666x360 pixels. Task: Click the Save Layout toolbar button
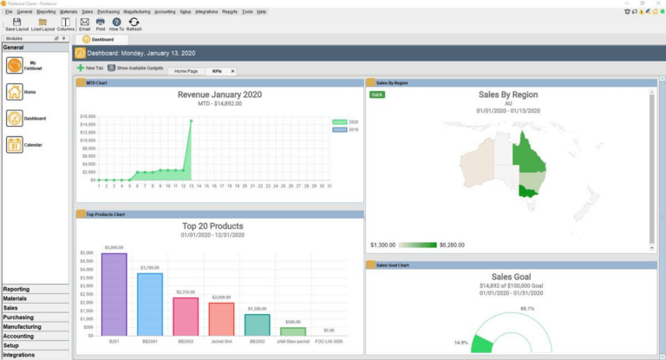[16, 23]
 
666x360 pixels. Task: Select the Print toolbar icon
[101, 23]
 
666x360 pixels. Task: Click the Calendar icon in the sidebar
[15, 145]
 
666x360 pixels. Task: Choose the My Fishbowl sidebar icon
[15, 65]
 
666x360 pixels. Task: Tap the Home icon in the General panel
[15, 91]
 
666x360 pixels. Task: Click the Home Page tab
[186, 70]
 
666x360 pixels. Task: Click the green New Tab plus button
[81, 68]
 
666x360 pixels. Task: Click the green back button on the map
[376, 94]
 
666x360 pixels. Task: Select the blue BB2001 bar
[150, 304]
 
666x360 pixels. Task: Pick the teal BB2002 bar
[257, 324]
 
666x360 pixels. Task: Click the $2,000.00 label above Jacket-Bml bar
[221, 297]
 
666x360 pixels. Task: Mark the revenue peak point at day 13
[191, 121]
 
